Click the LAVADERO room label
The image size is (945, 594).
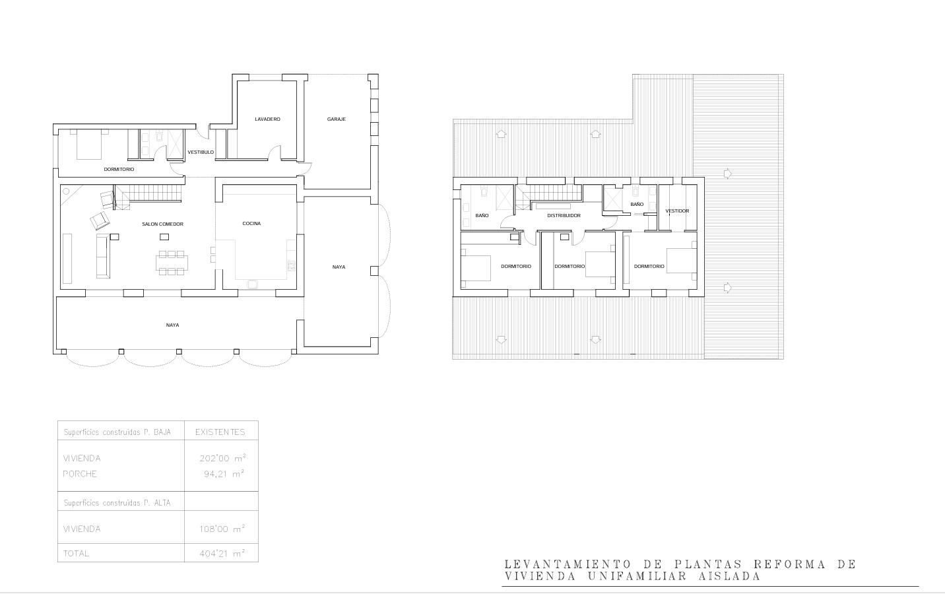click(x=267, y=119)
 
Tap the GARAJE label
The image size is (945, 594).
click(x=337, y=119)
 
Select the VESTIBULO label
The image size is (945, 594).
click(x=201, y=152)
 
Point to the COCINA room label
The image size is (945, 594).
click(x=251, y=224)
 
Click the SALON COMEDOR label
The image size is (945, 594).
click(x=162, y=224)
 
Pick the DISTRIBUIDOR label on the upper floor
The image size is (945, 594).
click(x=564, y=216)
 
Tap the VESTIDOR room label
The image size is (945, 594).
click(x=677, y=211)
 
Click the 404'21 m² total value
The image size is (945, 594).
click(x=222, y=553)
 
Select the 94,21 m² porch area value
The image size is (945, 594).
click(x=224, y=474)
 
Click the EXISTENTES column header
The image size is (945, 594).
click(x=220, y=432)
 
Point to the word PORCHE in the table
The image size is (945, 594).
click(x=80, y=474)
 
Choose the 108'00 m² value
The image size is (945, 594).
click(x=222, y=529)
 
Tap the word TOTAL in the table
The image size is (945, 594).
click(x=76, y=554)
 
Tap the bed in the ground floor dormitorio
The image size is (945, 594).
click(x=89, y=145)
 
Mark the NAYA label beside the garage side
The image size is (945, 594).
click(x=339, y=267)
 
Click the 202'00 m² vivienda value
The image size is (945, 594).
click(x=223, y=458)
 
